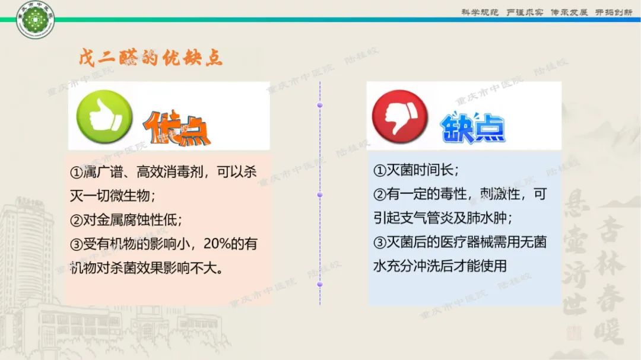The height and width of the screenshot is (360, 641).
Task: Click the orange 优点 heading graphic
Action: pyautogui.click(x=176, y=127)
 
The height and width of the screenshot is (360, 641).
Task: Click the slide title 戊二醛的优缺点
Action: pyautogui.click(x=151, y=58)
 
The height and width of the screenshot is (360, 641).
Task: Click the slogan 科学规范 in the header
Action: pyautogui.click(x=480, y=12)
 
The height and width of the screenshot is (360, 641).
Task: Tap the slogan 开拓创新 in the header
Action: pyautogui.click(x=613, y=12)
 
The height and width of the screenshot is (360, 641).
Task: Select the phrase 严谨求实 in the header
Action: pyautogui.click(x=525, y=12)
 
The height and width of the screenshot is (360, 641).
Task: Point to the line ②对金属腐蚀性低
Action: pyautogui.click(x=126, y=219)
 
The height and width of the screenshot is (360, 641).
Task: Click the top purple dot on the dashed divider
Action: pyautogui.click(x=320, y=105)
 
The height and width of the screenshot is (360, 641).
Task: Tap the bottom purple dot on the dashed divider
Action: pyautogui.click(x=320, y=284)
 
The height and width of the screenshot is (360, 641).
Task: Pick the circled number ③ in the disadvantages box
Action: pyautogui.click(x=380, y=243)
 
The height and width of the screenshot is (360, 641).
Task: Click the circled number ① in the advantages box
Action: pyautogui.click(x=76, y=172)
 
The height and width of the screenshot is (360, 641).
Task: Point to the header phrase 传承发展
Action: pyautogui.click(x=569, y=12)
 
